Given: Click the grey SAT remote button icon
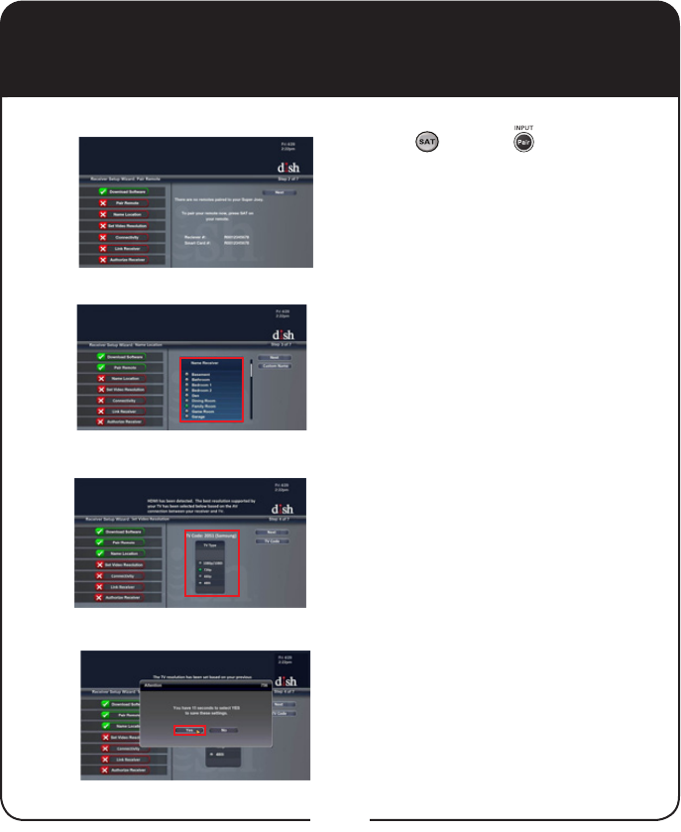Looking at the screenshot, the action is pos(427,145).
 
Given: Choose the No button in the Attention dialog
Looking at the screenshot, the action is pos(224,730).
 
